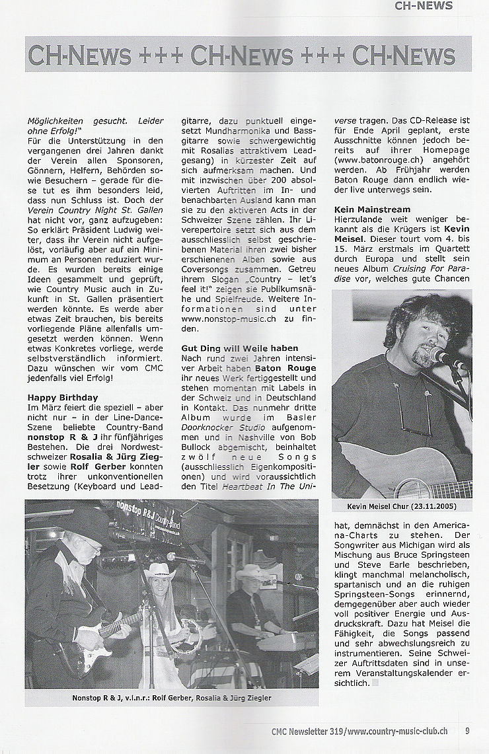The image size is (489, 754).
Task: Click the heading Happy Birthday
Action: click(63, 397)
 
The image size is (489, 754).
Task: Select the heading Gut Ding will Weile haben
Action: click(240, 348)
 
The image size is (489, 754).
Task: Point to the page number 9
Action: click(467, 731)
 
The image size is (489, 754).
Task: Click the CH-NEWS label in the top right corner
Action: click(423, 6)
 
